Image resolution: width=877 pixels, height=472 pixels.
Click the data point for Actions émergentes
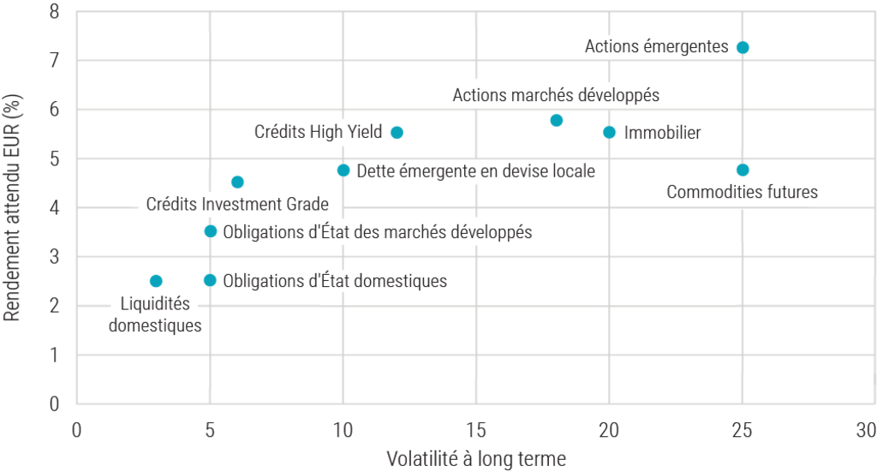coord(743,47)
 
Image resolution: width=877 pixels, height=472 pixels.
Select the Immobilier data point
coord(610,132)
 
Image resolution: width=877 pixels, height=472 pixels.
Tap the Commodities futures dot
coord(743,170)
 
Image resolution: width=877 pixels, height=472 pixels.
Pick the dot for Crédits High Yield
coord(397,132)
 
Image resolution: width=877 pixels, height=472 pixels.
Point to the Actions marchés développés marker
coord(557,120)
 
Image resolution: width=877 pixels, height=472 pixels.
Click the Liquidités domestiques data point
coord(156,281)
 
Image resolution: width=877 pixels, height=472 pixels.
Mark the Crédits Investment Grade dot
coord(237,182)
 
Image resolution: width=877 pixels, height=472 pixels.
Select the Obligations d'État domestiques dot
coord(210,280)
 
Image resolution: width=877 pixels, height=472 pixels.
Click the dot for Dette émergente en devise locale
coord(343,170)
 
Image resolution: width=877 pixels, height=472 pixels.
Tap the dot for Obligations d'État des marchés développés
coord(210,231)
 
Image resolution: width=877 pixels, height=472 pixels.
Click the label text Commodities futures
coord(742,193)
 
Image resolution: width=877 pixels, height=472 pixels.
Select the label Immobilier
coord(663,133)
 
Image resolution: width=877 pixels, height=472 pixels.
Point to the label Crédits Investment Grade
coord(237,205)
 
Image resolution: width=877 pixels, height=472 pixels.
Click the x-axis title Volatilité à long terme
coord(476,458)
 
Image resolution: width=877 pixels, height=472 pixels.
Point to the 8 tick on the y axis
coord(55,12)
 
